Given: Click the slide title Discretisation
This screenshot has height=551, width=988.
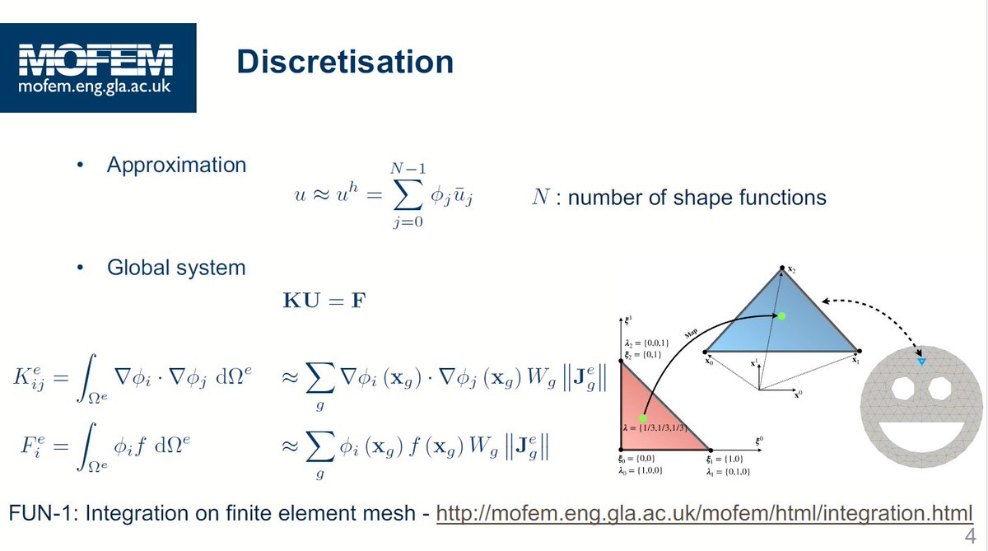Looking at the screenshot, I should tap(344, 63).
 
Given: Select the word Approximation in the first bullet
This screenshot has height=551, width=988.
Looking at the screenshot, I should tap(176, 165).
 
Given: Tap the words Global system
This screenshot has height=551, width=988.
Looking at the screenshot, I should tap(176, 268).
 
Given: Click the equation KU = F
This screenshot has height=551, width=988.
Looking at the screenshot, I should tap(324, 300).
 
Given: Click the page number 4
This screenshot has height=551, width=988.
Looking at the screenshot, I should tap(969, 537).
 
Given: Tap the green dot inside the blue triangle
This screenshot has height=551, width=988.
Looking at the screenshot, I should tap(782, 316).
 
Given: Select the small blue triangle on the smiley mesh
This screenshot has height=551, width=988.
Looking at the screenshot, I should tap(921, 362).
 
